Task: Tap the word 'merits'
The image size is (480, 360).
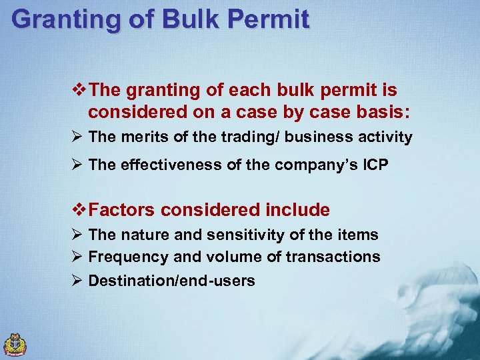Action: click(x=141, y=137)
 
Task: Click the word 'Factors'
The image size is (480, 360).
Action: click(x=122, y=210)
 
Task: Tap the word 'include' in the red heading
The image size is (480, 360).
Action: click(x=297, y=210)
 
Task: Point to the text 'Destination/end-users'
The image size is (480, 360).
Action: click(x=172, y=281)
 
